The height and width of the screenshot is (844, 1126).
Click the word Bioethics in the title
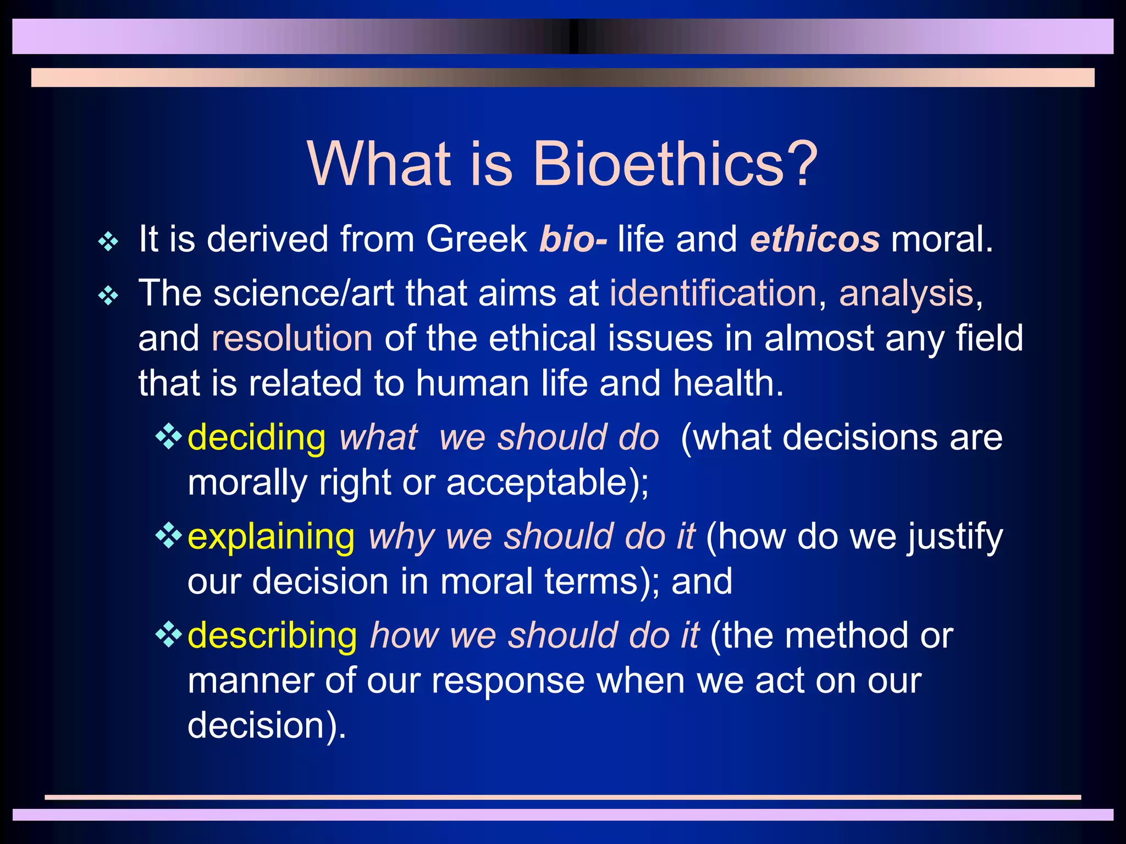[658, 164]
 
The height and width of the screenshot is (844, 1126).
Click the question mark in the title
[800, 163]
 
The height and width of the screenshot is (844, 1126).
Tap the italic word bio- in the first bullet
[573, 240]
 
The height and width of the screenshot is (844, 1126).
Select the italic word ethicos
[815, 240]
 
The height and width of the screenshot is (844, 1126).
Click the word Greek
[476, 240]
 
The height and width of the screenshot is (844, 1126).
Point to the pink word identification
[713, 293]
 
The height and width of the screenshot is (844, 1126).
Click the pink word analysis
[906, 294]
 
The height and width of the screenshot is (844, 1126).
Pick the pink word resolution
[292, 338]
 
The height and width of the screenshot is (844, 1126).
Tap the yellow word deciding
[257, 438]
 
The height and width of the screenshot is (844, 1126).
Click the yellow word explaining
[271, 537]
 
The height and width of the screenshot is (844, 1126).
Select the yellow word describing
[272, 636]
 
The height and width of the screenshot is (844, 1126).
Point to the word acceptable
[536, 483]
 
